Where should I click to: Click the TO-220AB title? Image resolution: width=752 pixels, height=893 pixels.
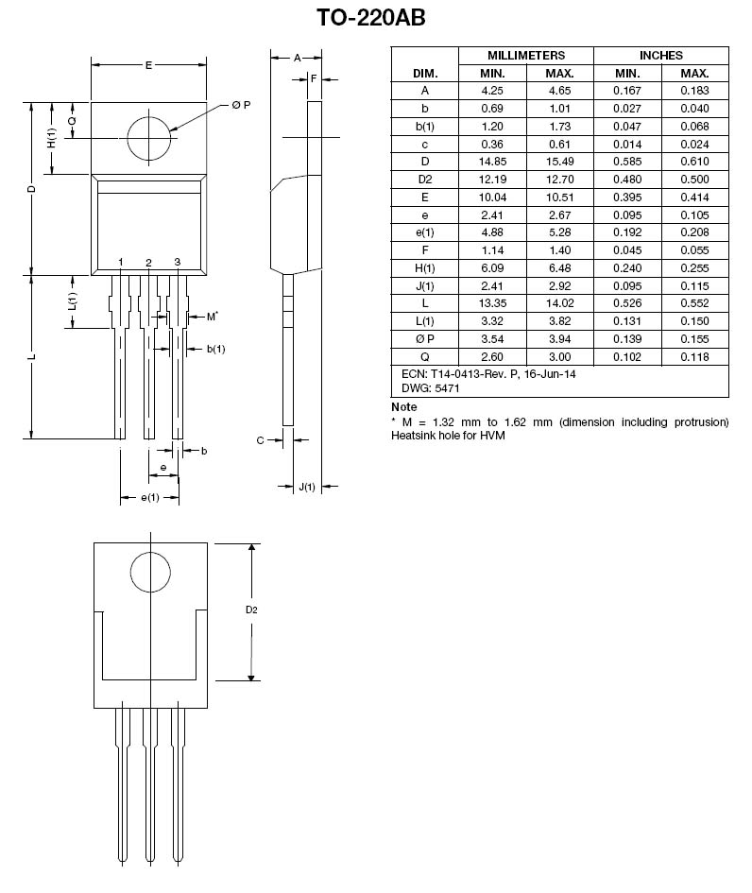[x=376, y=19]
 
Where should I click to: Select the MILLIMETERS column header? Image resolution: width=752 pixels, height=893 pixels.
[x=525, y=56]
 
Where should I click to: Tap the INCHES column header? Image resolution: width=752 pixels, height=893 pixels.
[x=660, y=56]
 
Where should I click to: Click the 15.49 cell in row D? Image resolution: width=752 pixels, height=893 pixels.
[x=559, y=162]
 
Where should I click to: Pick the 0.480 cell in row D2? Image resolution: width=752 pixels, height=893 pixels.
[x=627, y=180]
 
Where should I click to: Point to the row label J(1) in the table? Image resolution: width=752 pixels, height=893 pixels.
[x=424, y=285]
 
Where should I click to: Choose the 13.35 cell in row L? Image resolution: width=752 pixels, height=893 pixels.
[x=491, y=303]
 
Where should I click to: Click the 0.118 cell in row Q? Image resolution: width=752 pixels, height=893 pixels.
[x=695, y=356]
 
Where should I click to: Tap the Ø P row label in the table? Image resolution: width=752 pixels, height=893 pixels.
[x=424, y=338]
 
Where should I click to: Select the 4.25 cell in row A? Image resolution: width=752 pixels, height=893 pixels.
[x=491, y=91]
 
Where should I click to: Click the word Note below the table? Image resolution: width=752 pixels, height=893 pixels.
[x=403, y=407]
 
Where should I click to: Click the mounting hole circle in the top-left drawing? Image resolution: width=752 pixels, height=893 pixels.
[x=149, y=139]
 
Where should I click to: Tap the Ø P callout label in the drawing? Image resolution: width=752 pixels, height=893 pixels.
[x=241, y=105]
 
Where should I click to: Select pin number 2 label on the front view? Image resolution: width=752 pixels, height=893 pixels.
[x=149, y=262]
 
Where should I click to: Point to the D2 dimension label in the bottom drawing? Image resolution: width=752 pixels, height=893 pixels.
[x=251, y=610]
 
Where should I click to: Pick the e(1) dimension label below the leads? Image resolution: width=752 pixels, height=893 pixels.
[x=149, y=497]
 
